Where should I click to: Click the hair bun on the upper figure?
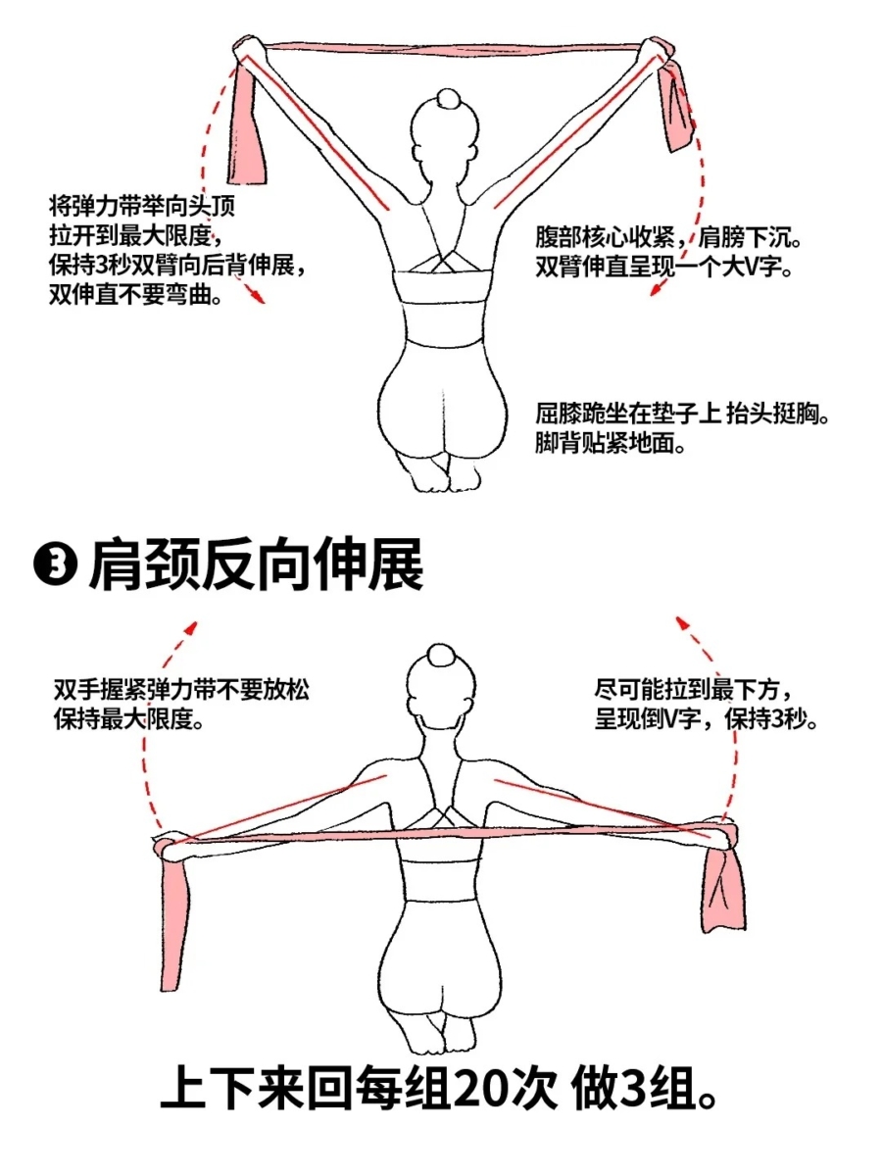coord(449,100)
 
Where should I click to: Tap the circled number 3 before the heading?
coord(56,566)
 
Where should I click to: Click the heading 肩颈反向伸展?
coord(256,565)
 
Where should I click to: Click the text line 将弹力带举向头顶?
coord(142,206)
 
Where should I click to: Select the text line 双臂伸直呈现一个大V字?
coord(664,267)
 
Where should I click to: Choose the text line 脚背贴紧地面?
coord(611,443)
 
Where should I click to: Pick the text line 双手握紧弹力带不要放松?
coord(181,690)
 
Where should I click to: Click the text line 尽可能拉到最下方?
coord(693,691)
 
